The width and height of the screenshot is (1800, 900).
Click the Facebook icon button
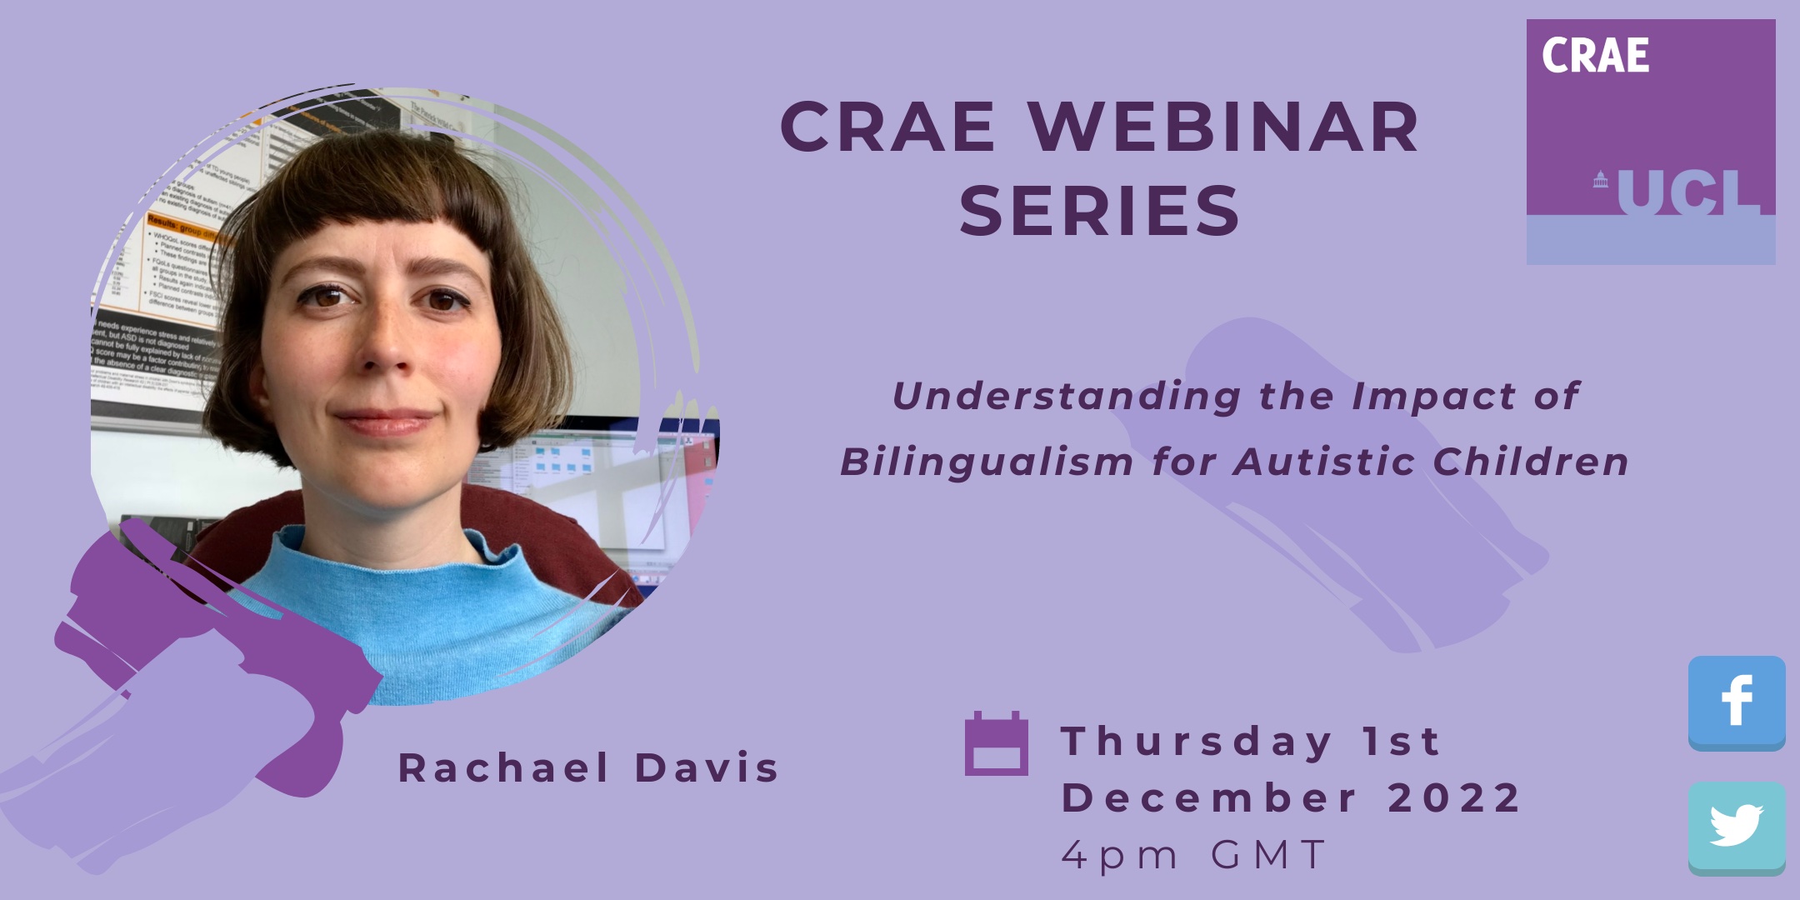tap(1737, 702)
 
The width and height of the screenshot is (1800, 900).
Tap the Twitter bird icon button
tap(1737, 827)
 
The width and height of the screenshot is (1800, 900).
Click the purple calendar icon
tap(996, 743)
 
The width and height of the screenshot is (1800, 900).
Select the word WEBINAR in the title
tap(1223, 128)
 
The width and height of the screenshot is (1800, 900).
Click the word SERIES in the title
tap(1100, 212)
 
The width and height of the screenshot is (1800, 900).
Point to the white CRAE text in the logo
tap(1595, 57)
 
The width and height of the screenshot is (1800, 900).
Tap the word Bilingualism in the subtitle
tap(987, 462)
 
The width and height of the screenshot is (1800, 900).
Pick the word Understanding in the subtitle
tap(1067, 397)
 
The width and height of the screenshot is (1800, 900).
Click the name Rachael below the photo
tap(503, 768)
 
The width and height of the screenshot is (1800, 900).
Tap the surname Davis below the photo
tap(707, 768)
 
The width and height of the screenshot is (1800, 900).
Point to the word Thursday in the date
tap(1197, 742)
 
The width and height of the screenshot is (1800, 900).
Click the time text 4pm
tap(1120, 855)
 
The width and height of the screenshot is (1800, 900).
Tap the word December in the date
tap(1210, 798)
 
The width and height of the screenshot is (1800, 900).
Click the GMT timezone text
tap(1268, 855)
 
